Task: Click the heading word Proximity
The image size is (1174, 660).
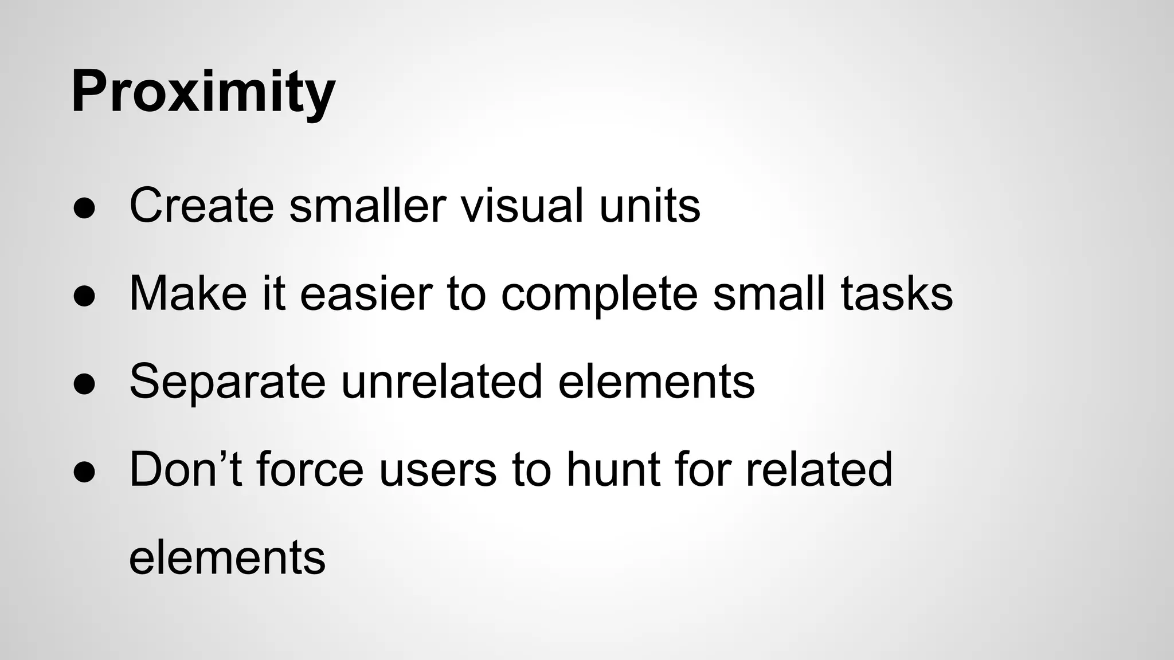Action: (203, 92)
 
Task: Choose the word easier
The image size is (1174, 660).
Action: (366, 293)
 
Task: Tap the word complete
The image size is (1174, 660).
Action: (599, 294)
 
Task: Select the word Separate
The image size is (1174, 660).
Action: (228, 382)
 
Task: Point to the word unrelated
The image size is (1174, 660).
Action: (441, 382)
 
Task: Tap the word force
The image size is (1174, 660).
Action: (310, 470)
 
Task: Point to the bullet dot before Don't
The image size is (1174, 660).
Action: (84, 472)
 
